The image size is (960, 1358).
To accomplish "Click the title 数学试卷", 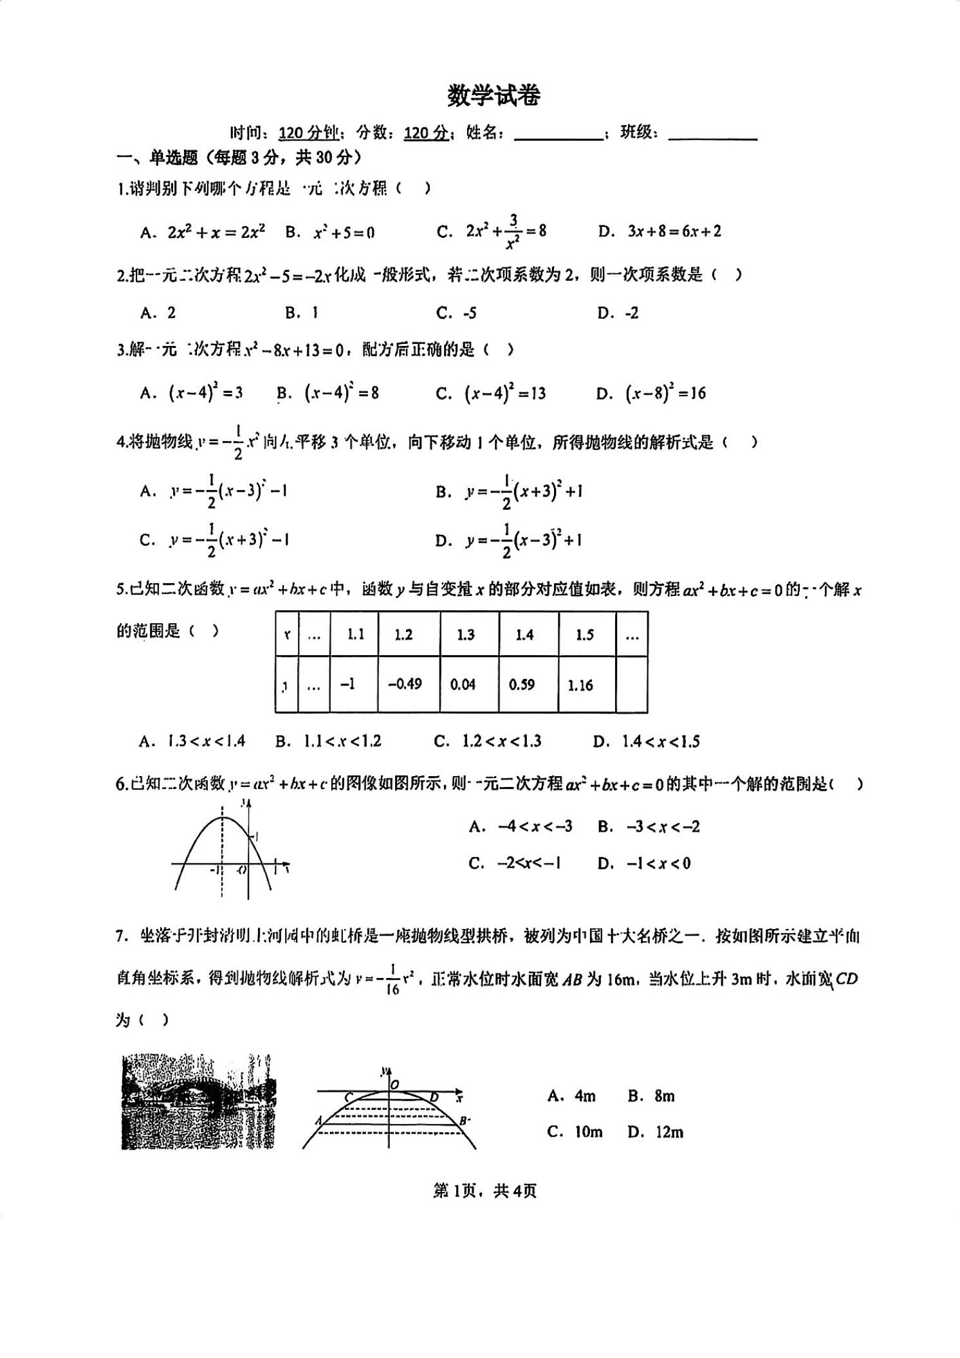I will pos(494,96).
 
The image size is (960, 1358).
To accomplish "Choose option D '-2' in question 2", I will pos(618,313).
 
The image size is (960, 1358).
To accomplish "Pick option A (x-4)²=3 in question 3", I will pos(191,393).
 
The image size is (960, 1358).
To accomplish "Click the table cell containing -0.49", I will pos(405,684).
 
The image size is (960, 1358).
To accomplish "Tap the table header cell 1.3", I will pos(465,635).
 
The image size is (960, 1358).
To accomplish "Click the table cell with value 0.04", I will pos(463,685).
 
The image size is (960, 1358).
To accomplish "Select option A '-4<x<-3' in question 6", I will pos(521,827).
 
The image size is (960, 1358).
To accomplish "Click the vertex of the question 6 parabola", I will pos(223,817).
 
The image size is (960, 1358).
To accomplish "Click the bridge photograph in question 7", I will pos(198,1101).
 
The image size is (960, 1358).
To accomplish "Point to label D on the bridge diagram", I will pos(434,1098).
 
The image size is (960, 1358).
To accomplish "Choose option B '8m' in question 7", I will pos(651,1096).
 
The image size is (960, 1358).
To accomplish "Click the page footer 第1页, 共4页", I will pos(485,1191).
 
